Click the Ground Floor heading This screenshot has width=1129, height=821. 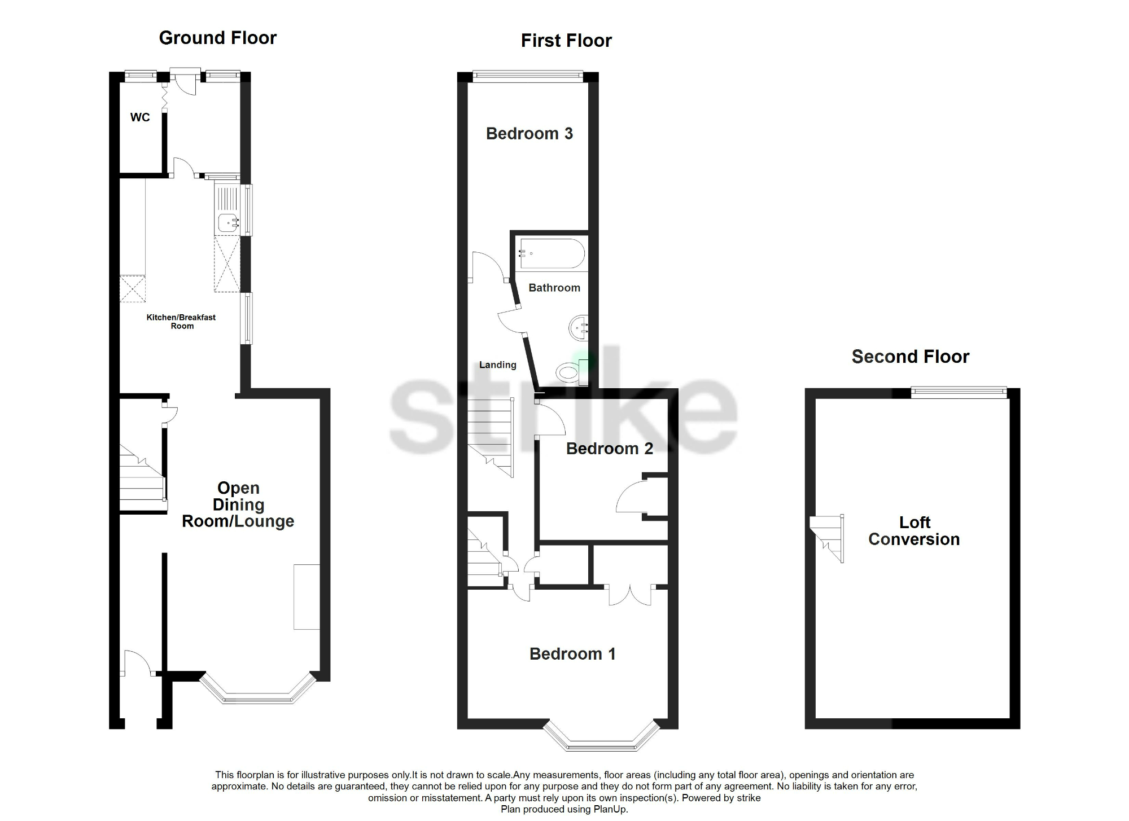click(217, 38)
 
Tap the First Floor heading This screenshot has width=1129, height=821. click(566, 41)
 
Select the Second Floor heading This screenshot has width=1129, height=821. click(910, 357)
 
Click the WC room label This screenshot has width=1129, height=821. click(140, 117)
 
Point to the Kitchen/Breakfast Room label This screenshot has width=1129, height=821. click(181, 321)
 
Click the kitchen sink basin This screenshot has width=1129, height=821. click(228, 223)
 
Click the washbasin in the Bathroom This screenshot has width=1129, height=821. click(579, 328)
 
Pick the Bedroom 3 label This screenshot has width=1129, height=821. click(529, 134)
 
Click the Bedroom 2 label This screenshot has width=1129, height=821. click(609, 449)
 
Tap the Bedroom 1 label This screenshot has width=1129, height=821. click(572, 654)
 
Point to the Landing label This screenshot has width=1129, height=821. click(497, 365)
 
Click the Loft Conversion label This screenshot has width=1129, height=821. click(914, 531)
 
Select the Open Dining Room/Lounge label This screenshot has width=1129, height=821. click(238, 504)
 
